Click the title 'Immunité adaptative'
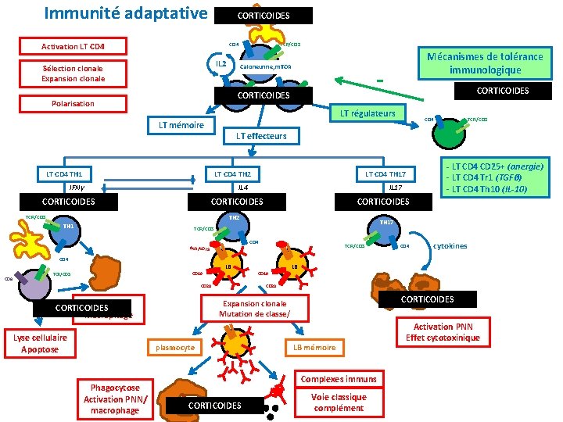tap(126, 13)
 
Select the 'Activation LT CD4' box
tap(73, 47)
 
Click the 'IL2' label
tap(221, 63)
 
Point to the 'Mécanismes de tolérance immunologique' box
tap(484, 63)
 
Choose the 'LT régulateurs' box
tap(367, 114)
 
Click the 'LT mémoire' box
tap(181, 125)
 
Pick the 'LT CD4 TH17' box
tap(385, 173)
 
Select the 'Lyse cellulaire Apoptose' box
tap(40, 343)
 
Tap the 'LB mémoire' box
tap(314, 347)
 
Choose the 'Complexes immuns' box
tap(338, 379)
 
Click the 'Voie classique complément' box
tap(338, 402)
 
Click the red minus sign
tap(379, 80)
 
